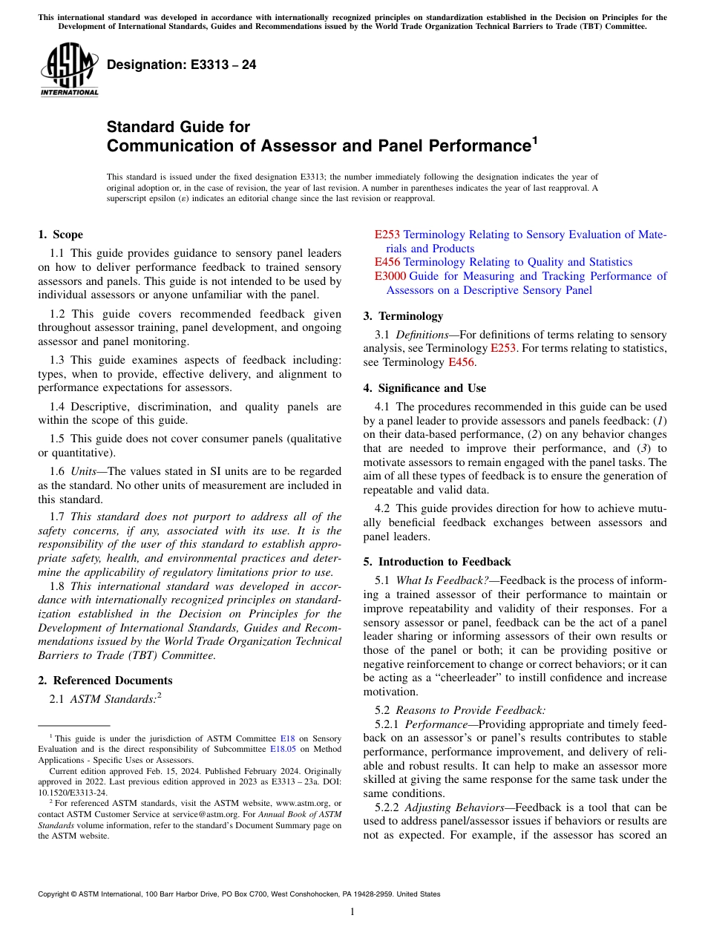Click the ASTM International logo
pos(69,70)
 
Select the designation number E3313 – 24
pos(182,65)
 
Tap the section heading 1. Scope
pos(60,235)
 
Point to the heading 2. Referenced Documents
pos(105,681)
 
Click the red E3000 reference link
pos(390,276)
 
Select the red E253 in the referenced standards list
pos(387,235)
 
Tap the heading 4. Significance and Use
pos(424,387)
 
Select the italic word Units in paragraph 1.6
pos(88,471)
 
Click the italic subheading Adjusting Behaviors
pos(454,807)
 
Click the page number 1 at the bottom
pos(352,912)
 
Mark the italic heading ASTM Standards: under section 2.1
pos(114,698)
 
